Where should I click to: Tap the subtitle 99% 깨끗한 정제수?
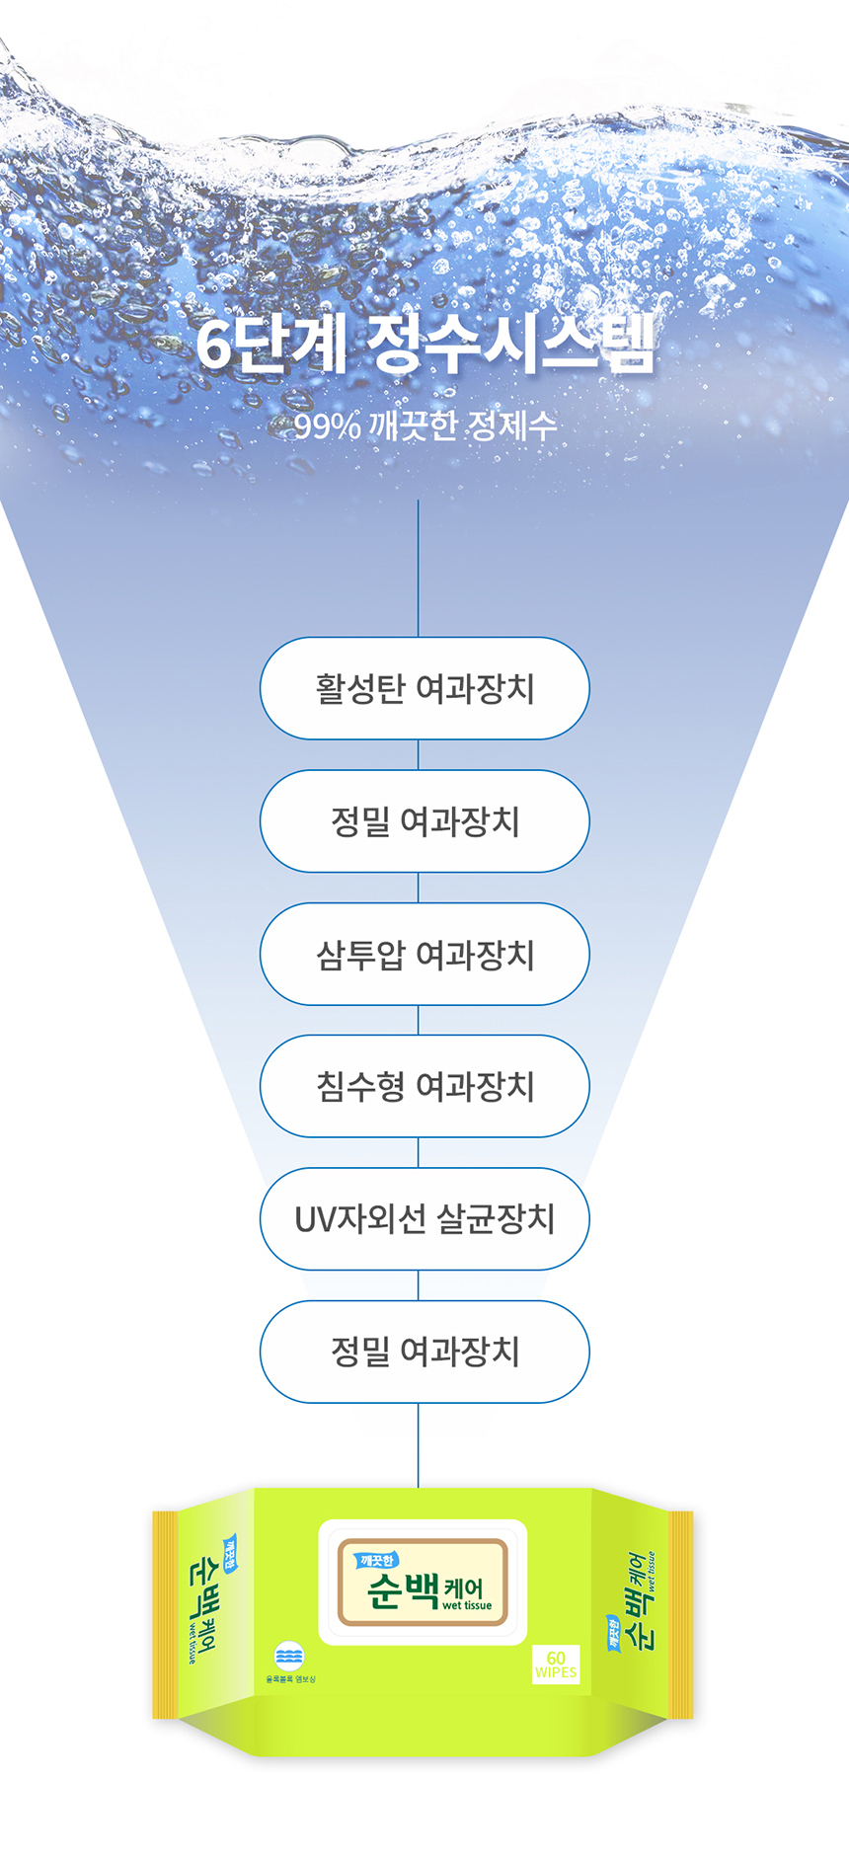pyautogui.click(x=424, y=426)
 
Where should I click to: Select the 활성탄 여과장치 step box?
pyautogui.click(x=424, y=688)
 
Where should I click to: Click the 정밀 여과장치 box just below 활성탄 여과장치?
pyautogui.click(x=424, y=821)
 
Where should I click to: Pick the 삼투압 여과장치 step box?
pyautogui.click(x=424, y=954)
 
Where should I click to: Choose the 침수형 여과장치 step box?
pyautogui.click(x=424, y=1086)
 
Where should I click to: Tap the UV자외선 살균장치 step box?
pyautogui.click(x=424, y=1219)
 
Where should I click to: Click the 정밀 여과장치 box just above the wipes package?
pyautogui.click(x=424, y=1352)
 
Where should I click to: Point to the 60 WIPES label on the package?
pyautogui.click(x=556, y=1664)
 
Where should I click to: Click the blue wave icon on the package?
pyautogui.click(x=289, y=1656)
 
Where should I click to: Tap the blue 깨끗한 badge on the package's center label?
pyautogui.click(x=376, y=1560)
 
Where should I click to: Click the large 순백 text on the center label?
pyautogui.click(x=403, y=1588)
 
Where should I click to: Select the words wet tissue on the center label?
pyautogui.click(x=467, y=1605)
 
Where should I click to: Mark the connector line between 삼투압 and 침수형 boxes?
pyautogui.click(x=419, y=1020)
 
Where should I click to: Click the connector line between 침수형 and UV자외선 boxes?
pyautogui.click(x=419, y=1152)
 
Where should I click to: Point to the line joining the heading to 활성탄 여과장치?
pyautogui.click(x=419, y=568)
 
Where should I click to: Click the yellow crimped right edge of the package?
pyautogui.click(x=681, y=1614)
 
